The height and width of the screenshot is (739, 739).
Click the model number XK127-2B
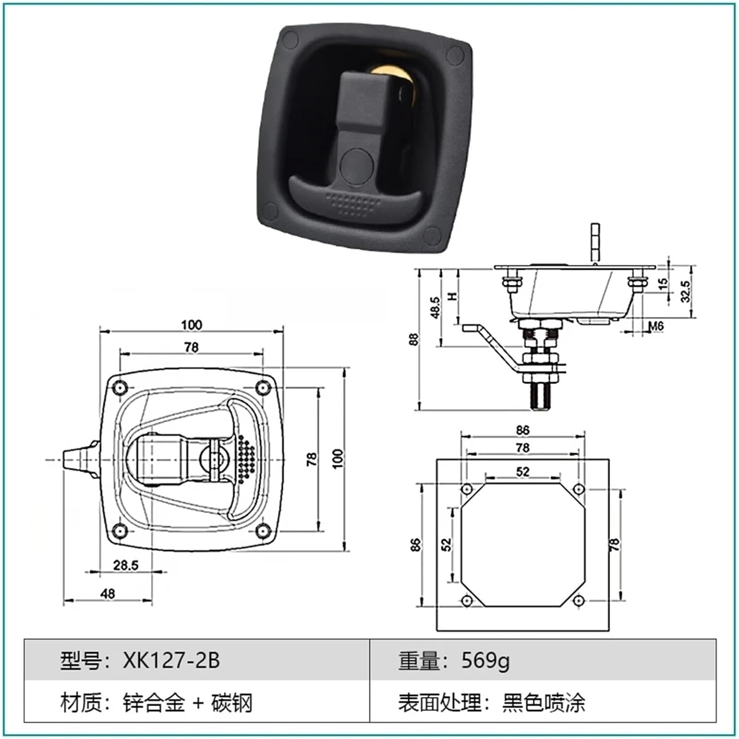(171, 660)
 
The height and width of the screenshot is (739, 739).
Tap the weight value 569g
(485, 660)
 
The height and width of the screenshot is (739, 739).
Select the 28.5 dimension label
(126, 565)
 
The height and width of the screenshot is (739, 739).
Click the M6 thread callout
(656, 326)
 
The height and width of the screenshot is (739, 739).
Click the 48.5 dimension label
(436, 307)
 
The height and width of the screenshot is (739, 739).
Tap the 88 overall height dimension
(414, 339)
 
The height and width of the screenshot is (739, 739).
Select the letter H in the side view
(452, 296)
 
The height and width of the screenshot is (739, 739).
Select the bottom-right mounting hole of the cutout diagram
(579, 600)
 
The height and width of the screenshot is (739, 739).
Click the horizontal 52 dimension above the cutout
(523, 471)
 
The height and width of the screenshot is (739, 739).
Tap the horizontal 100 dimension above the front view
(191, 325)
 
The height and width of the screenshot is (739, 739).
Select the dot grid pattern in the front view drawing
(246, 458)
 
